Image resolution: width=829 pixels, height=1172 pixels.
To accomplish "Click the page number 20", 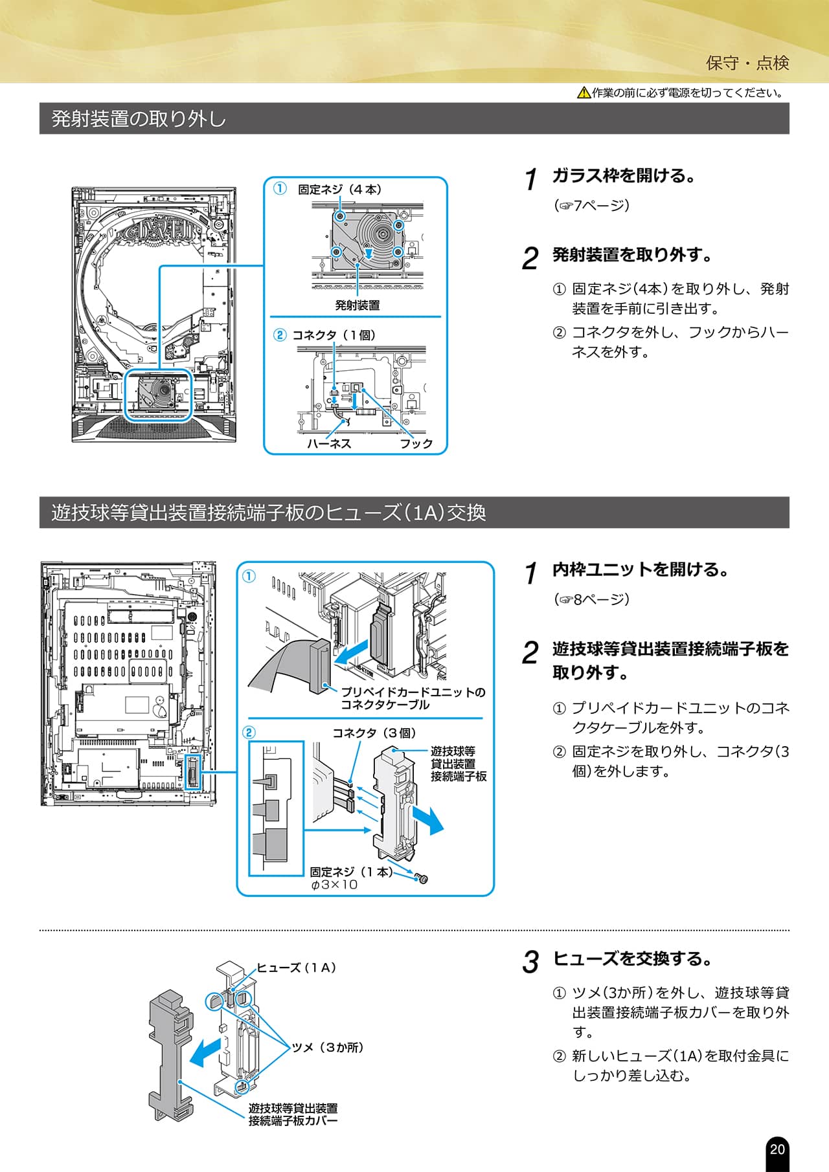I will (777, 1149).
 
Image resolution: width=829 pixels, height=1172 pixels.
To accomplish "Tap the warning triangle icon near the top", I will (584, 93).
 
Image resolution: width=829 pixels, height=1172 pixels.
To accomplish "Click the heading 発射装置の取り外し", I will (139, 119).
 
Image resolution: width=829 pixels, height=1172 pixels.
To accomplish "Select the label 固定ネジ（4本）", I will (339, 190).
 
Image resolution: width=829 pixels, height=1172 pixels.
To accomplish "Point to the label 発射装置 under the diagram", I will (357, 305).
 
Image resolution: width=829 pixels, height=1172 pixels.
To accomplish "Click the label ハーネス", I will (329, 443).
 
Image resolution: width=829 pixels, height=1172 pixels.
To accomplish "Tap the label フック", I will (416, 443).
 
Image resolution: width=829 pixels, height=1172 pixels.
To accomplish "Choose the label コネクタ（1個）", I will (334, 335).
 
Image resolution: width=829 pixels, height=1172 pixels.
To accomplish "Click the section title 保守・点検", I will (747, 63).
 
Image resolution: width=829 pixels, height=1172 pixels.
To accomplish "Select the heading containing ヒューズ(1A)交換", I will (268, 513).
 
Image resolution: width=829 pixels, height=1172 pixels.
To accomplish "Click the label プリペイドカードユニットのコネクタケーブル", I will (413, 698).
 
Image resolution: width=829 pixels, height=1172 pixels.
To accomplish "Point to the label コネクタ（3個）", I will (374, 733).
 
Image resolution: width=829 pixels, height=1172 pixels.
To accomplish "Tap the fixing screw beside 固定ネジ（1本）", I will (422, 878).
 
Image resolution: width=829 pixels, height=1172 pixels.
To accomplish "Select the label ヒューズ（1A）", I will (296, 967).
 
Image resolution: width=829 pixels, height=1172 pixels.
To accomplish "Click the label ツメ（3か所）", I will (327, 1047).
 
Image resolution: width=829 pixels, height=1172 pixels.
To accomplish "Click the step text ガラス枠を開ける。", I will (624, 175).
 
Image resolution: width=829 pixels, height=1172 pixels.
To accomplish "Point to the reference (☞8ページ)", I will (591, 599).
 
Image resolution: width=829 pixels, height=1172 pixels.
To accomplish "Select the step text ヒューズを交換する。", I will (632, 958).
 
